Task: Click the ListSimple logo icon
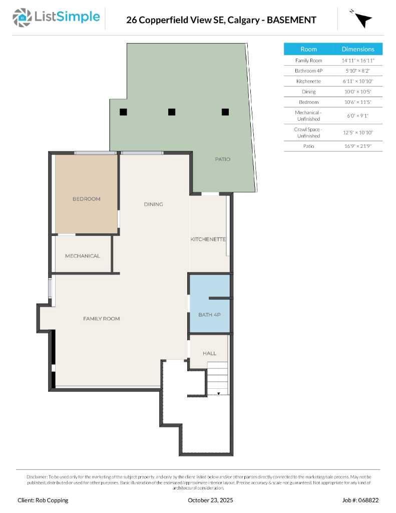click(x=22, y=18)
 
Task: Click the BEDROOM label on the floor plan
click(x=86, y=199)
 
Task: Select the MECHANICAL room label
click(x=83, y=256)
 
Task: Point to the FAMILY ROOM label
click(x=101, y=319)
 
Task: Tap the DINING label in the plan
click(x=153, y=204)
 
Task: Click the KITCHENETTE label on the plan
click(x=208, y=239)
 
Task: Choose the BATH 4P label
click(x=209, y=315)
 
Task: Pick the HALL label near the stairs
click(x=209, y=353)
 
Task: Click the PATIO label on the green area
click(x=223, y=159)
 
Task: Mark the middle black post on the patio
click(x=172, y=112)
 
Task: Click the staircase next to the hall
click(x=217, y=378)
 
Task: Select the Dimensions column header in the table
click(x=358, y=49)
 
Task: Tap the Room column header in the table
click(x=308, y=49)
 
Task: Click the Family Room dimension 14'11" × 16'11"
click(x=358, y=61)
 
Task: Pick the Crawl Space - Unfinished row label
click(x=308, y=132)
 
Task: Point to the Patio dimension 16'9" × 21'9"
click(x=358, y=146)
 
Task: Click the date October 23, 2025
click(x=210, y=500)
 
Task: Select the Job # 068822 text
click(x=360, y=500)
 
